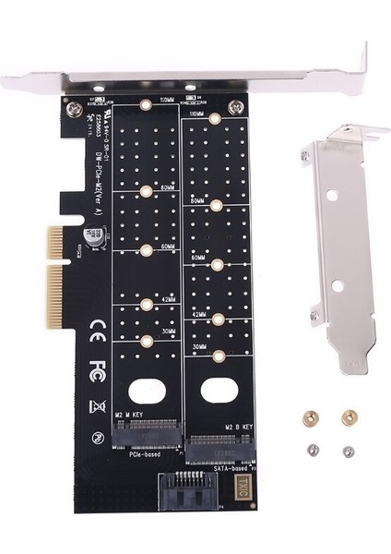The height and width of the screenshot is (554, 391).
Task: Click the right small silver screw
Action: (x=348, y=452)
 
